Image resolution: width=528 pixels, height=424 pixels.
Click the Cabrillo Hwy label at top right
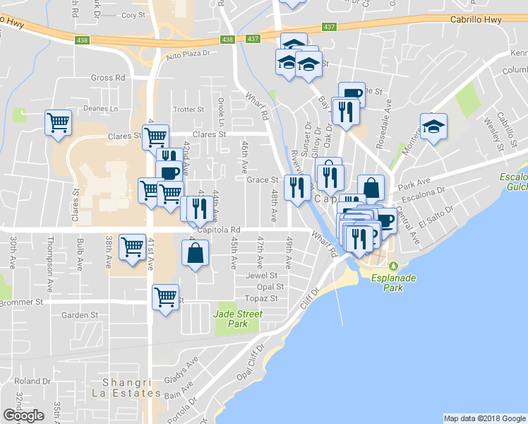[x=476, y=20]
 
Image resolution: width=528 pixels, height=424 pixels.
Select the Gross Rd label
[x=108, y=78]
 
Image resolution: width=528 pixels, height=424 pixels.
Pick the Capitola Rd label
[x=220, y=230]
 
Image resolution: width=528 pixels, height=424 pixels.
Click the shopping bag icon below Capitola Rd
[x=196, y=253]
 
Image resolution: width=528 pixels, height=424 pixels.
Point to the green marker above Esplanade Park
[x=395, y=266]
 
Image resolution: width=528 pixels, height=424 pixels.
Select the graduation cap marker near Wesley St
[x=433, y=126]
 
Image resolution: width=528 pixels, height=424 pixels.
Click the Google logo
[x=23, y=416]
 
